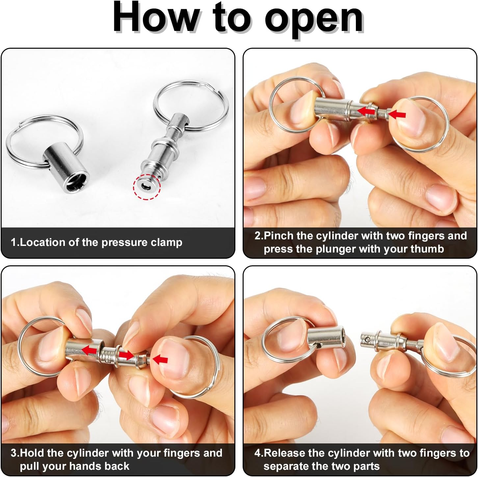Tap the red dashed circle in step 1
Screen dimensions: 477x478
(146, 186)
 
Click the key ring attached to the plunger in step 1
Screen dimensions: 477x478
(191, 106)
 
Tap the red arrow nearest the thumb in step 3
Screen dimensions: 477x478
(160, 359)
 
